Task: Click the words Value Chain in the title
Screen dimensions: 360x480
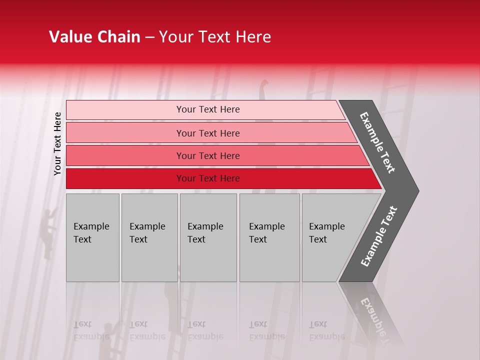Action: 94,37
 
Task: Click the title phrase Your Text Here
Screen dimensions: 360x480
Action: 215,37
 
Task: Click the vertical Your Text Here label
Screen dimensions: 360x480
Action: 57,143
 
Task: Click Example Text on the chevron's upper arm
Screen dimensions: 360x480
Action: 377,142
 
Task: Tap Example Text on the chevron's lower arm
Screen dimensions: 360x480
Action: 379,236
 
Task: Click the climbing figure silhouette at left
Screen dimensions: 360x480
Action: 47,233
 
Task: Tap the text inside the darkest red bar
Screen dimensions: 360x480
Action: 208,178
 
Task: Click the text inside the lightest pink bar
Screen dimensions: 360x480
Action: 208,109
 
